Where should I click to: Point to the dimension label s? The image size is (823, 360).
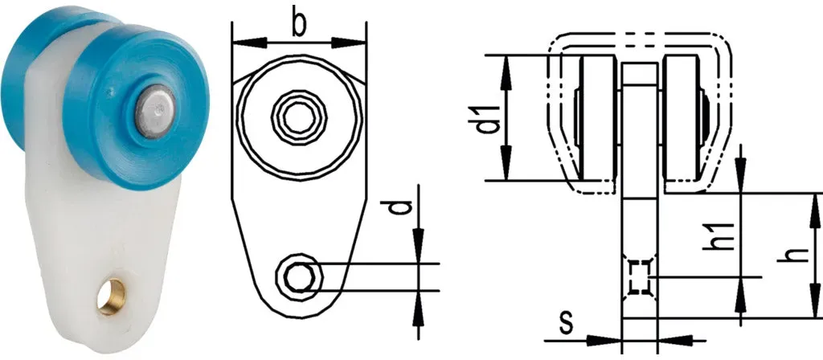[x=565, y=324]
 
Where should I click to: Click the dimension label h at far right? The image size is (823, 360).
[x=798, y=255]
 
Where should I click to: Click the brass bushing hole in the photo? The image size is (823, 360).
[x=112, y=297]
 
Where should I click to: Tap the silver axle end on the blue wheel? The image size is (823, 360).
[x=155, y=111]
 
